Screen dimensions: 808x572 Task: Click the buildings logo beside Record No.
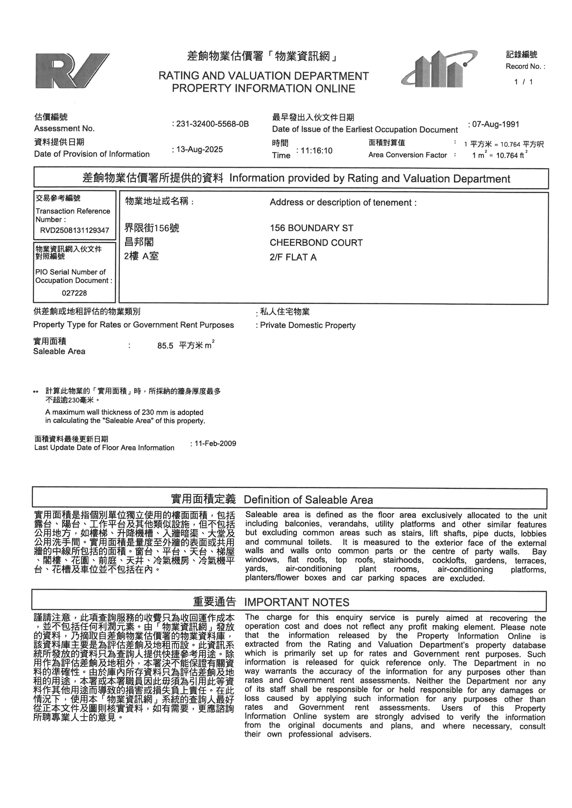(439, 69)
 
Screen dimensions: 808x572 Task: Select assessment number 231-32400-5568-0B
(212, 124)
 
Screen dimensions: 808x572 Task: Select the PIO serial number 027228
(74, 293)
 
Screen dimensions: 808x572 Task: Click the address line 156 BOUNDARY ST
(311, 228)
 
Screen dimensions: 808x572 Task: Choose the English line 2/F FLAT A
(293, 257)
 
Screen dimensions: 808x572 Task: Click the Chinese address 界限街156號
(152, 228)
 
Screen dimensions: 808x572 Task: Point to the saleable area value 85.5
(165, 346)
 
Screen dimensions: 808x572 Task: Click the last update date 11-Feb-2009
(215, 444)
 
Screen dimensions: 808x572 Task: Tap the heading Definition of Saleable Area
(308, 500)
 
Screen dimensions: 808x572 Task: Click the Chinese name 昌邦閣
(139, 242)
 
